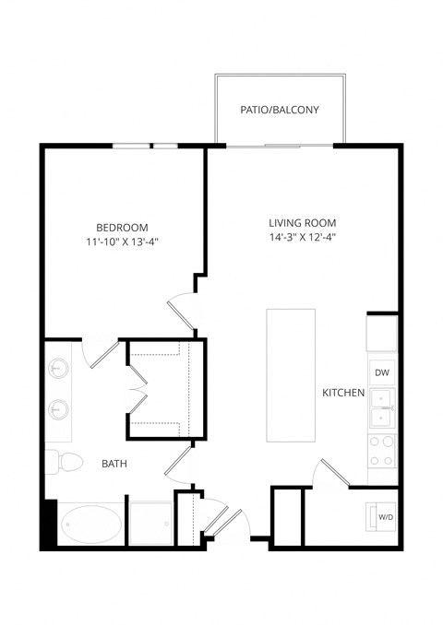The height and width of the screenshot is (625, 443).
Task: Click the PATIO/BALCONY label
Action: tap(280, 110)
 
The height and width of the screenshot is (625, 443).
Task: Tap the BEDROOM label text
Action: tap(122, 228)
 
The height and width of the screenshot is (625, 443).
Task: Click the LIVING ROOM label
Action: tap(302, 223)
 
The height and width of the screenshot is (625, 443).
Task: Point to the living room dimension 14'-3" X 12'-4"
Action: tap(302, 238)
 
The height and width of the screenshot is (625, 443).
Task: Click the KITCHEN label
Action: tap(342, 394)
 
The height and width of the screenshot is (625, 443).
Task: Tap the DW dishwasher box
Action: tap(381, 372)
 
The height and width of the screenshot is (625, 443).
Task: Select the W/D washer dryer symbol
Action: tap(382, 517)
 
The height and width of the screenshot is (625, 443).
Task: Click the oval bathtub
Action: tap(90, 526)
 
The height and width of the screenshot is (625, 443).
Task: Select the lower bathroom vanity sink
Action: tap(58, 407)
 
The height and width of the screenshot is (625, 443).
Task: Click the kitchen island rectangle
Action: tap(291, 375)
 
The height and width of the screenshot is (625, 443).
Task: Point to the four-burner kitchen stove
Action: tap(382, 452)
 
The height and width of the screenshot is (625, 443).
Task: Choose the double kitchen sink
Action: tap(382, 408)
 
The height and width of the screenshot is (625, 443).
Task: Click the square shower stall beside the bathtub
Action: tap(150, 524)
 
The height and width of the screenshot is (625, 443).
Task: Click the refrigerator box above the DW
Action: tap(381, 333)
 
